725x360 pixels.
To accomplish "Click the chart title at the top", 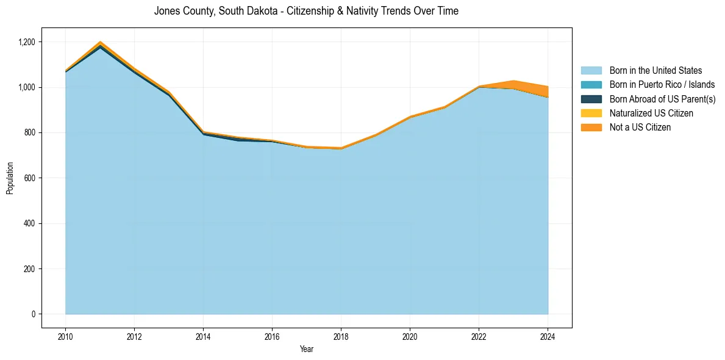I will [306, 11].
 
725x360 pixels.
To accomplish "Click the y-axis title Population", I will [10, 178].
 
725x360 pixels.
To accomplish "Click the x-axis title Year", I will [307, 349].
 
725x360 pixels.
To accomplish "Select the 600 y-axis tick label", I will [34, 178].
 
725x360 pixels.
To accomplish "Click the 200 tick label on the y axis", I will [34, 268].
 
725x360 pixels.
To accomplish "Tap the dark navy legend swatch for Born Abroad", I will [591, 99].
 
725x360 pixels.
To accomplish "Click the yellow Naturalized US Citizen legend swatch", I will [591, 113].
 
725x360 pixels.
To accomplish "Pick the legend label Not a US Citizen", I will [640, 128].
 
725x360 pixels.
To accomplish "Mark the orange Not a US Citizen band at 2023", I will [513, 85].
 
